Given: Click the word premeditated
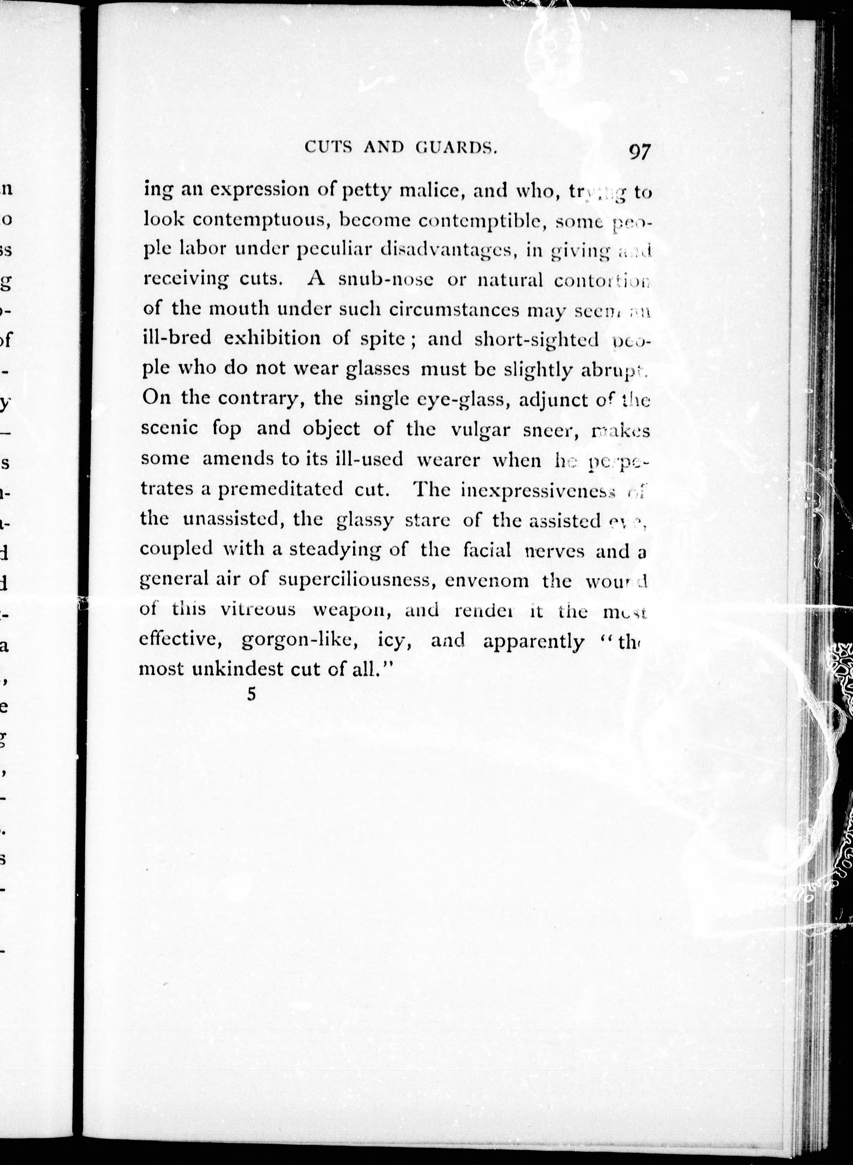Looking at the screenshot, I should (280, 489).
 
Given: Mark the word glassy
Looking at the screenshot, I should (365, 520).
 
